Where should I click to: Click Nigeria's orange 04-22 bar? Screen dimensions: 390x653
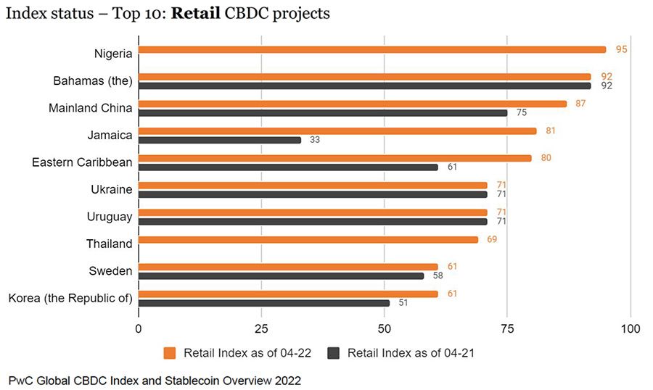pos(371,49)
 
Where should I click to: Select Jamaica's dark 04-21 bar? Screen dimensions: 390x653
pos(219,140)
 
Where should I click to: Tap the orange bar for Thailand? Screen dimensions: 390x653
pos(308,239)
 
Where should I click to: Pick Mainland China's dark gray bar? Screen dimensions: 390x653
pos(322,113)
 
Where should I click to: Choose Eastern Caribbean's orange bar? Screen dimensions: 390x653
pos(334,158)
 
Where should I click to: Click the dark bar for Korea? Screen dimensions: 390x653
pos(263,303)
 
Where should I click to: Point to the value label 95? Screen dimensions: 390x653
pos(620,49)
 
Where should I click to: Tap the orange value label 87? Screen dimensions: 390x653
pos(581,104)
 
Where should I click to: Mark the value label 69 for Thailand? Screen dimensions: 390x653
pos(493,239)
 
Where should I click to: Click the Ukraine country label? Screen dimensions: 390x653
pos(112,190)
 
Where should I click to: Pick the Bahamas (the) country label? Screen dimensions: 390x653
pos(93,80)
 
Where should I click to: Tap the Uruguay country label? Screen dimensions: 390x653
pos(110,217)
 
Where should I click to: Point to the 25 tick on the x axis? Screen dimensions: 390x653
pos(261,328)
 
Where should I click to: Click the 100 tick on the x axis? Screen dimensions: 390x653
pos(631,328)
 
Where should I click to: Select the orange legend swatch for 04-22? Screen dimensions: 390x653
pos(171,353)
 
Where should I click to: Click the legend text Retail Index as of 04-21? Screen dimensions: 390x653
pos(411,353)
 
